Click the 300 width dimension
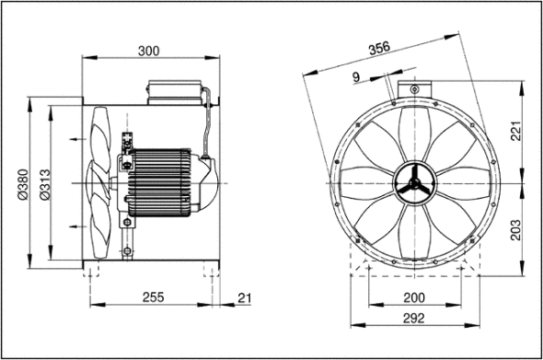pyautogui.click(x=149, y=52)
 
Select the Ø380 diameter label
pyautogui.click(x=20, y=184)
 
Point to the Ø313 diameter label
pyautogui.click(x=43, y=184)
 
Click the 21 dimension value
pyautogui.click(x=243, y=296)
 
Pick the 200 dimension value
pyautogui.click(x=415, y=296)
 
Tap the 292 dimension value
pyautogui.click(x=415, y=319)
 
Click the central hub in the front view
pyautogui.click(x=414, y=182)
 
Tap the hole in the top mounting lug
pyautogui.click(x=415, y=88)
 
